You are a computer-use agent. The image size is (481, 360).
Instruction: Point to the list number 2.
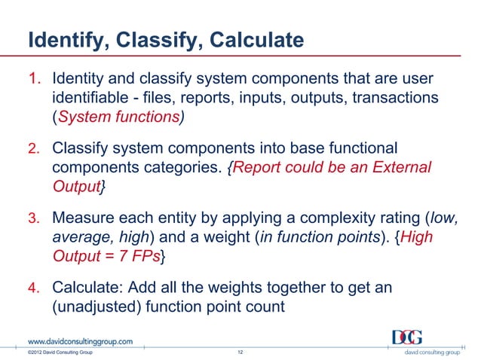pyautogui.click(x=34, y=148)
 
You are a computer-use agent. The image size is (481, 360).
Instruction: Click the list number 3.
pyautogui.click(x=34, y=218)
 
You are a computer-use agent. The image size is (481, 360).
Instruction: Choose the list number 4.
pyautogui.click(x=34, y=288)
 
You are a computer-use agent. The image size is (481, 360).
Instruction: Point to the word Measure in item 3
pyautogui.click(x=83, y=218)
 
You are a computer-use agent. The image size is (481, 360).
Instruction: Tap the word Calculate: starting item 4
pyautogui.click(x=87, y=288)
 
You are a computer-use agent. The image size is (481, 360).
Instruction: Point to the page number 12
pyautogui.click(x=240, y=352)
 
